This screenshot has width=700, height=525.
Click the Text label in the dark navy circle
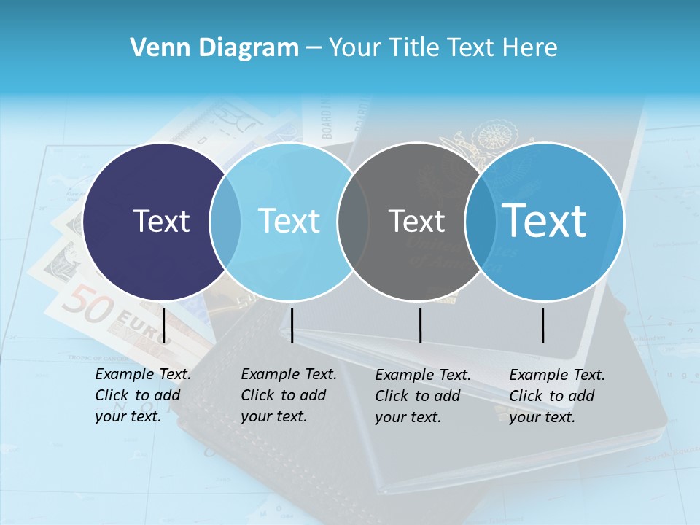coord(161,221)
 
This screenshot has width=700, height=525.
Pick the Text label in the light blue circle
coord(289,221)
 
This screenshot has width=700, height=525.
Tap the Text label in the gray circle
coord(416,221)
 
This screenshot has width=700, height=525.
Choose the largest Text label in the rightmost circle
coord(545,220)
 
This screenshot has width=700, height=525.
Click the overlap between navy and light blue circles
coord(225,221)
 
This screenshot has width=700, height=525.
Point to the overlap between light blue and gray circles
coord(354,221)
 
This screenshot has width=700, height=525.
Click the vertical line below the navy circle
coord(164,325)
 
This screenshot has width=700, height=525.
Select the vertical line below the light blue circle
coord(292,325)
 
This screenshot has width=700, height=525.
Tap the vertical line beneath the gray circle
coord(421,325)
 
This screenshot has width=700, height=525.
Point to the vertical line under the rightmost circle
coord(543,325)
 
